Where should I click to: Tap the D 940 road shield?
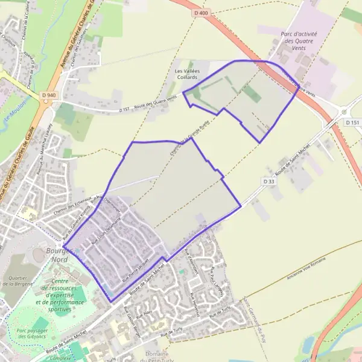[x=49, y=95]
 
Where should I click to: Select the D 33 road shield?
[x=269, y=180]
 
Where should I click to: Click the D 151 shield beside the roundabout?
[x=353, y=122]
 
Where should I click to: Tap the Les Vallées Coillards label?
[x=187, y=74]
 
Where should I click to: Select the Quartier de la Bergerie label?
[x=19, y=281]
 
